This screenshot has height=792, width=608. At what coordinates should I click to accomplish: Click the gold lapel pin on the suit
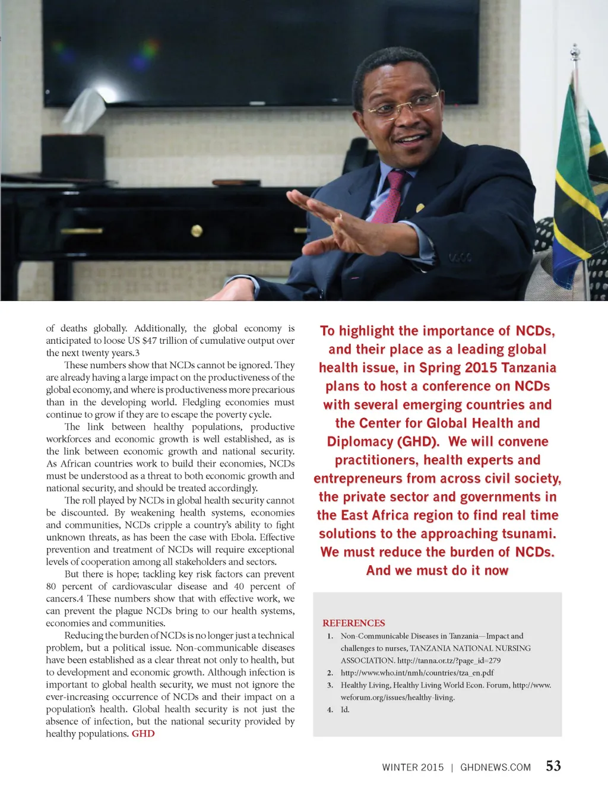tap(420, 207)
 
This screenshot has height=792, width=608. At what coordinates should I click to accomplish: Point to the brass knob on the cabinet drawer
tap(197, 230)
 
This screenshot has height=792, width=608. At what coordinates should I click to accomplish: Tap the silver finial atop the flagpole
tap(575, 53)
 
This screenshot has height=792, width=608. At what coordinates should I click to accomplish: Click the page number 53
tap(553, 766)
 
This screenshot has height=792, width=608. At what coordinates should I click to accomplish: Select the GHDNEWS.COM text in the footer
tap(495, 767)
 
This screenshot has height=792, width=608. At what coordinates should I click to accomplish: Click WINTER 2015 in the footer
tap(413, 767)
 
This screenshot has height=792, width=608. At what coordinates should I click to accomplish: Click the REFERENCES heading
tap(354, 623)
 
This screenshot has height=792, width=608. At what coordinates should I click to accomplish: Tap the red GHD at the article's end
tap(143, 734)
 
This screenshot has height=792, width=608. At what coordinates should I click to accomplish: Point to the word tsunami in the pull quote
tap(524, 534)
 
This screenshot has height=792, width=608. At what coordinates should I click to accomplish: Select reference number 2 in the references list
tap(330, 673)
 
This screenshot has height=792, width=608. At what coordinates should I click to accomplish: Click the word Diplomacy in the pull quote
tap(360, 442)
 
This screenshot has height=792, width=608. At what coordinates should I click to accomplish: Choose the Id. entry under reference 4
tap(345, 709)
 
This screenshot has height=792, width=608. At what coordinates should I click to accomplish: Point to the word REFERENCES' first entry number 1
tap(330, 636)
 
